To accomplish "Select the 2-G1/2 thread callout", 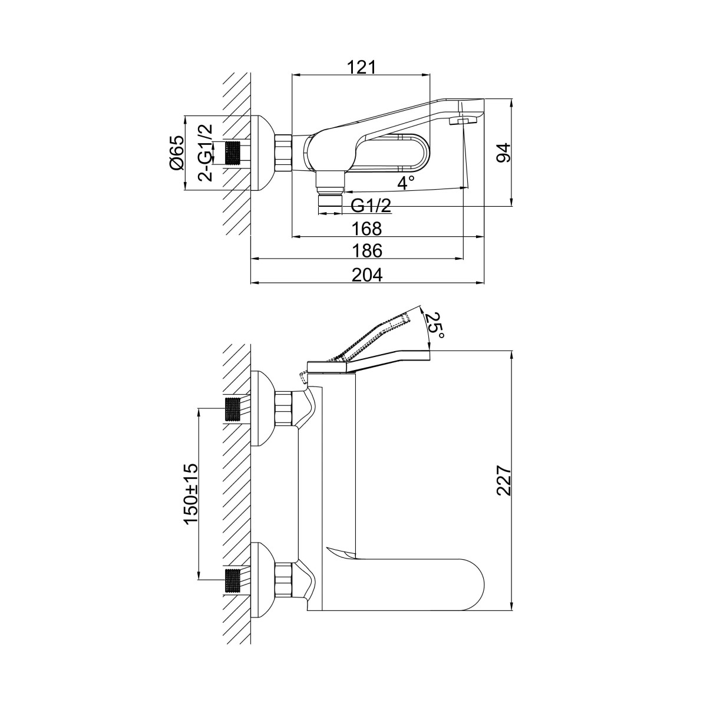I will click(204, 153).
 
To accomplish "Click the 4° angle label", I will click(407, 183).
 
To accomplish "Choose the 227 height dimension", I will click(502, 482).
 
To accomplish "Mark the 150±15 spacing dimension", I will click(190, 494).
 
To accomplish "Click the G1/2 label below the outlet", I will click(371, 206).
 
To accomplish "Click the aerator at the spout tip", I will click(462, 121).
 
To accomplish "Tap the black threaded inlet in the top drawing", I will click(235, 153).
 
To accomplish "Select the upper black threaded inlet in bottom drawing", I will click(233, 408).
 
